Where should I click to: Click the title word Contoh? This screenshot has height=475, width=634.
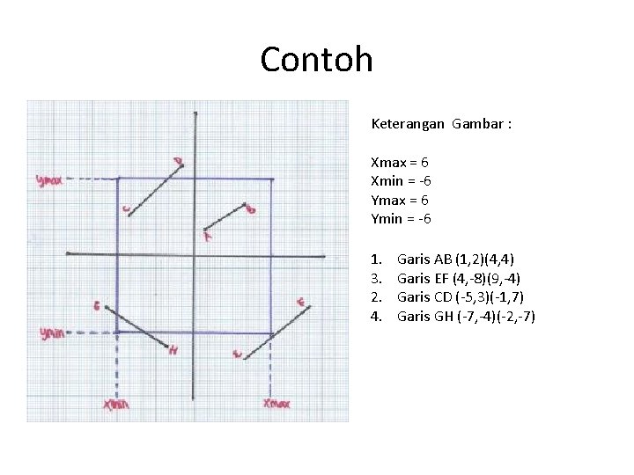click(316, 60)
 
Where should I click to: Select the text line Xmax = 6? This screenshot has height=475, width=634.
click(400, 163)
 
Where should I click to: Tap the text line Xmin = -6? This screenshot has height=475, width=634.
click(401, 181)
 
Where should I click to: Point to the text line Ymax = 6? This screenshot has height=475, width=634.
click(400, 200)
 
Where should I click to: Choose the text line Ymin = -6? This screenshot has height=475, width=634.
click(401, 218)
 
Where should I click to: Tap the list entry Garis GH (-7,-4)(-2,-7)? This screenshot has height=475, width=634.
click(466, 316)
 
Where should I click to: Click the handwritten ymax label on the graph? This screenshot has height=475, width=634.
click(50, 179)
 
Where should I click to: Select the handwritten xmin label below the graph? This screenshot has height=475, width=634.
click(115, 405)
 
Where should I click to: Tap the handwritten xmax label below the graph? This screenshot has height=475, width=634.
click(276, 404)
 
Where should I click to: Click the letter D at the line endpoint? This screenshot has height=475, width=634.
click(178, 161)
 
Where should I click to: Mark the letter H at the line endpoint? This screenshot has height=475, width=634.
click(173, 350)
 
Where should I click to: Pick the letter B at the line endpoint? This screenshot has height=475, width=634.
click(251, 209)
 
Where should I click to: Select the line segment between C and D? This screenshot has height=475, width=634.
click(154, 189)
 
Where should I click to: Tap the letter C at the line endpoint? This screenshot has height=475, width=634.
click(127, 209)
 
